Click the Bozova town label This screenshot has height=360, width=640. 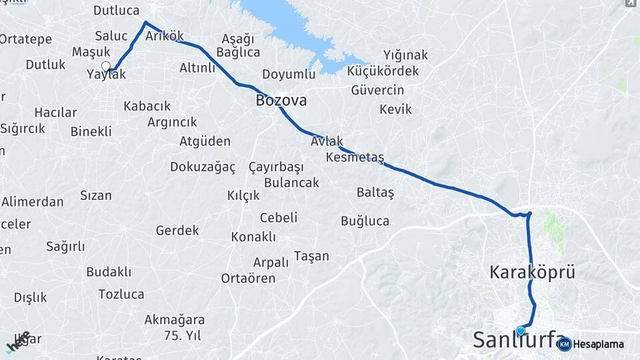pyautogui.click(x=281, y=101)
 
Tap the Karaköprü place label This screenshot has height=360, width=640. pyautogui.click(x=532, y=272)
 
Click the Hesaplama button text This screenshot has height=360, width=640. pyautogui.click(x=598, y=345)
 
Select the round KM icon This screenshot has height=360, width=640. pyautogui.click(x=564, y=344)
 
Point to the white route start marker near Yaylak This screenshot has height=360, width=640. pyautogui.click(x=105, y=65)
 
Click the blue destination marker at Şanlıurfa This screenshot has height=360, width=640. pyautogui.click(x=521, y=330)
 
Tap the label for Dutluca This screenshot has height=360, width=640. pyautogui.click(x=116, y=10)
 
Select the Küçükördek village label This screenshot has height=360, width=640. pyautogui.click(x=384, y=71)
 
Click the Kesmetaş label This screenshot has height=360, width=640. pyautogui.click(x=355, y=157)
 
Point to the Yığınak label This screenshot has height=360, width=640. pyautogui.click(x=405, y=55)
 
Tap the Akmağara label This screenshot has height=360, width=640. pyautogui.click(x=175, y=319)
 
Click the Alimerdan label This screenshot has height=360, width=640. pyautogui.click(x=33, y=201)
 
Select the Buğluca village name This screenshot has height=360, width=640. pyautogui.click(x=365, y=221)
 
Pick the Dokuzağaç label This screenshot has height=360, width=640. pyautogui.click(x=203, y=167)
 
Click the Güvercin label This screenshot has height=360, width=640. pyautogui.click(x=377, y=90)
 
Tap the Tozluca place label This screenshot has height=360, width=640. pyautogui.click(x=121, y=294)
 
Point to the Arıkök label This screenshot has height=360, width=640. pyautogui.click(x=164, y=36)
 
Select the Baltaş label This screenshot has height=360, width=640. pyautogui.click(x=375, y=192)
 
